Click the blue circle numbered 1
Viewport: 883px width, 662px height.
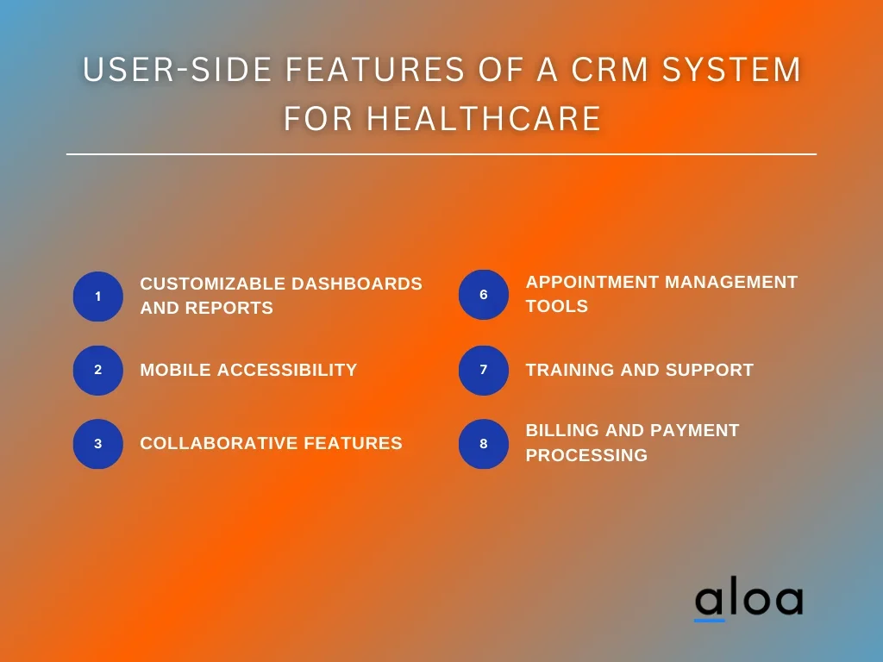98,297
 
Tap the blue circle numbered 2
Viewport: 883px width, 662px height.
98,370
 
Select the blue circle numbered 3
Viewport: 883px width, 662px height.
98,444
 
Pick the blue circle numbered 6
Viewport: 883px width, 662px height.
484,295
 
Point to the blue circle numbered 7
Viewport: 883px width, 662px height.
484,370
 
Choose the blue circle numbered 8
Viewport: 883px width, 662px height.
484,444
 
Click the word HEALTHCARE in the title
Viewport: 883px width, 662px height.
484,118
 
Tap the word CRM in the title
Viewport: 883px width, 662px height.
610,69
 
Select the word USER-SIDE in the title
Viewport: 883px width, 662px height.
178,69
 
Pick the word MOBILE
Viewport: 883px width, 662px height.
176,370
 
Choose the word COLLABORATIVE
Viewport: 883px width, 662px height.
219,444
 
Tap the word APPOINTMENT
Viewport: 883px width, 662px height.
592,282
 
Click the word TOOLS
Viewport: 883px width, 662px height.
557,306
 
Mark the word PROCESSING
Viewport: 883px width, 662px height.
586,455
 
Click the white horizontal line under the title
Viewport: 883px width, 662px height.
441,153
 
